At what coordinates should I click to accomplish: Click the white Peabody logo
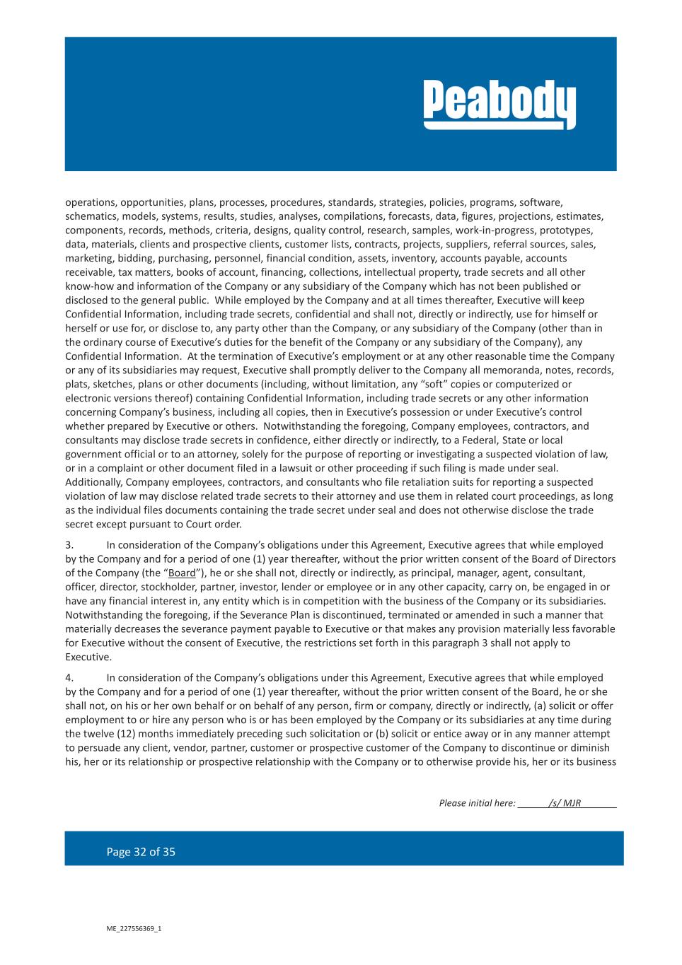coord(499,105)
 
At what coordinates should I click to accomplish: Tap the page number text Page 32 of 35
coord(141,852)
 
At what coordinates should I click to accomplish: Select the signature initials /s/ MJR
coord(565,803)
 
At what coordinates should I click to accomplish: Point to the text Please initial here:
coord(477,803)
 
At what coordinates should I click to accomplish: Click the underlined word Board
coord(182,573)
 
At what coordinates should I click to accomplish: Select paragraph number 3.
coord(69,545)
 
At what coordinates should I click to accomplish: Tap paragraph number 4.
coord(69,678)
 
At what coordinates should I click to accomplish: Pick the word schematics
coord(91,216)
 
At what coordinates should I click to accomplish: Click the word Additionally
coord(94,482)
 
